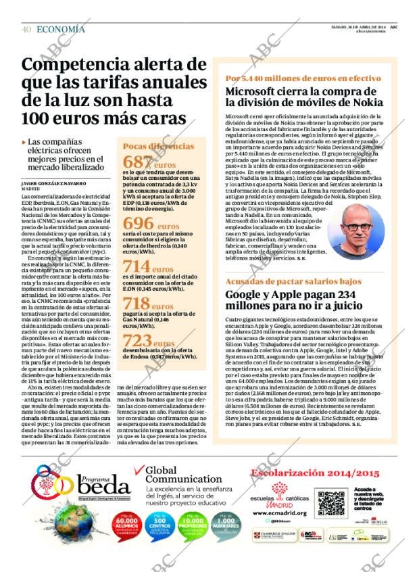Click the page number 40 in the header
26,29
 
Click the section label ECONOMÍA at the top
61,29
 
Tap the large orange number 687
137,162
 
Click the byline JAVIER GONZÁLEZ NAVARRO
53,183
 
